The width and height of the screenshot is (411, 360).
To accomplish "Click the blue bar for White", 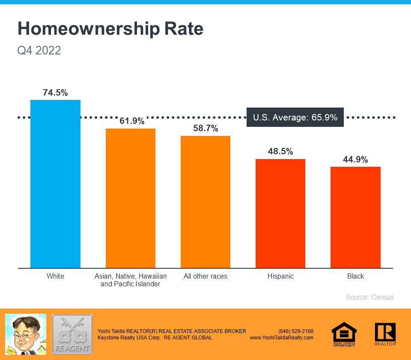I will [55, 184].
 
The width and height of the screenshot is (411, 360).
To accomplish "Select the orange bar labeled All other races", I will [205, 202].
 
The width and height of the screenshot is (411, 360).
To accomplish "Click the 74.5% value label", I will [55, 93].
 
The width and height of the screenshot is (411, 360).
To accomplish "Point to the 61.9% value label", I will [132, 121].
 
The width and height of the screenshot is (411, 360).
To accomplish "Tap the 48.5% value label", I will [280, 151].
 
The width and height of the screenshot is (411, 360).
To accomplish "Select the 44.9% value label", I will [355, 159].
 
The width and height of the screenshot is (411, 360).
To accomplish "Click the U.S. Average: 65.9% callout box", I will [295, 117].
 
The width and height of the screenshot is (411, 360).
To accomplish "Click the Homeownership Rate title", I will [110, 29].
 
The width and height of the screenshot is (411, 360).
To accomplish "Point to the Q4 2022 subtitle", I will [39, 51].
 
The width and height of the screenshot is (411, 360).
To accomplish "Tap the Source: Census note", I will [370, 297].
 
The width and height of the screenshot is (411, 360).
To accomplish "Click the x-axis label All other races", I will [205, 276].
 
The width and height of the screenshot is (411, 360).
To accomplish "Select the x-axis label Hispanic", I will [280, 276].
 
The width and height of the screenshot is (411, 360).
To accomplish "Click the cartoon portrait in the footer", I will [25, 334].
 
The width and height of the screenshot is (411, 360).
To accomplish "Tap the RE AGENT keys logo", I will [72, 334].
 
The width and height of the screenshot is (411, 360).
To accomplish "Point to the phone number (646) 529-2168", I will [296, 331].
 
